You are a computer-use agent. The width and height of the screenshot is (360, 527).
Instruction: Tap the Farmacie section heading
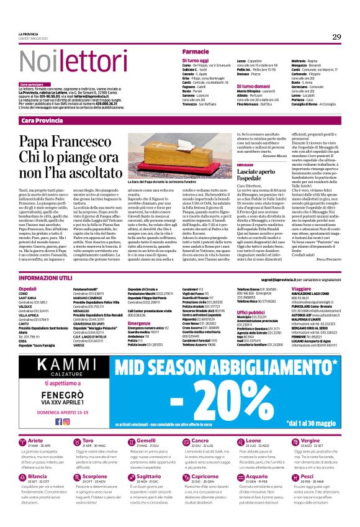[x=196, y=50]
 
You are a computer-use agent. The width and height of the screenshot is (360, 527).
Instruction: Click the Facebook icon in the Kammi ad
[x=58, y=421]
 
